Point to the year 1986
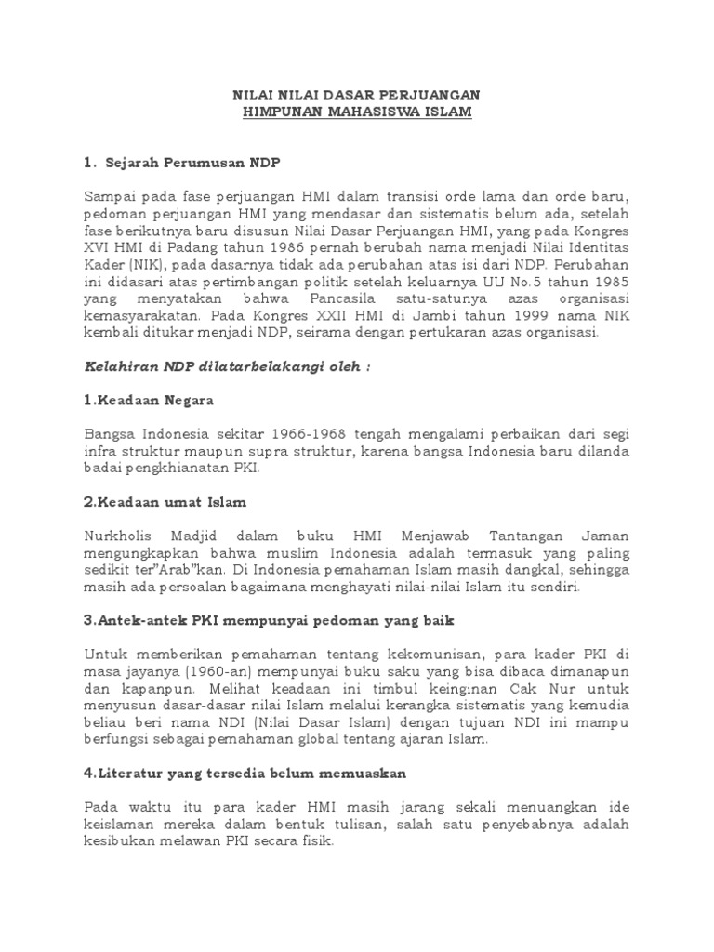pyautogui.click(x=296, y=249)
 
